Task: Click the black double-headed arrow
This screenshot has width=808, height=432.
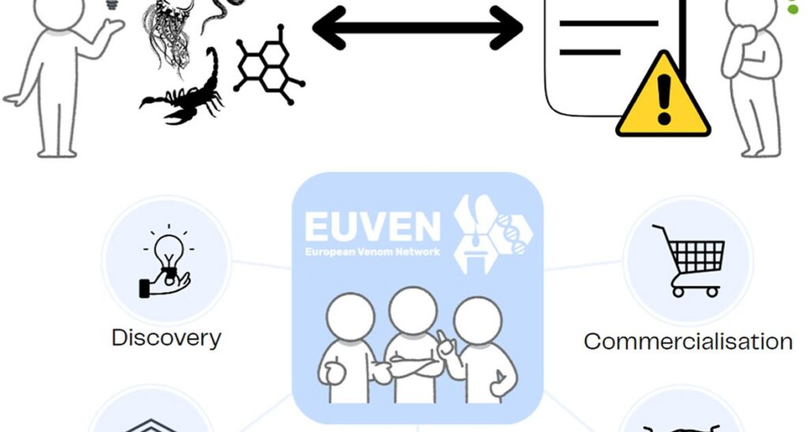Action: coord(417,28)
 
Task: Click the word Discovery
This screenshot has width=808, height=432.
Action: coord(166,338)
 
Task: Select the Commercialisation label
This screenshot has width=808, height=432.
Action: coord(688,341)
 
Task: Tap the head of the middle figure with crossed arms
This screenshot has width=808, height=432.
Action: coord(412,310)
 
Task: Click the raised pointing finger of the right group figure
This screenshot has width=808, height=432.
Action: coord(443,339)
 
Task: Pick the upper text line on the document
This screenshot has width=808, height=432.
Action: coord(608,24)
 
